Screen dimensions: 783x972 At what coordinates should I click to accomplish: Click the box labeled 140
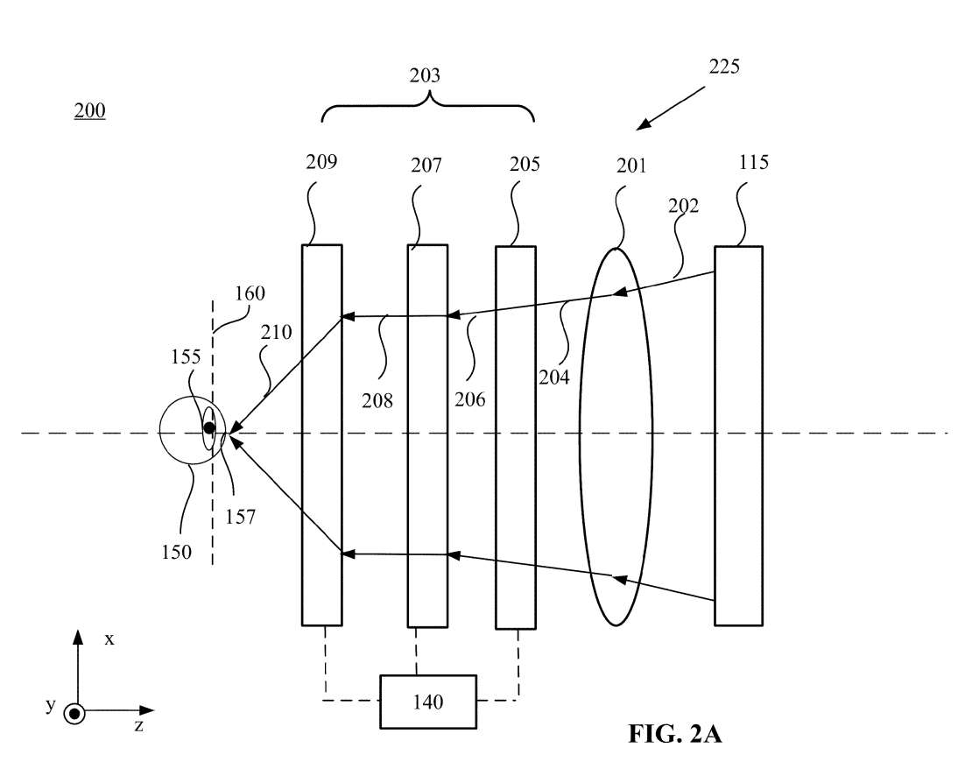(x=427, y=701)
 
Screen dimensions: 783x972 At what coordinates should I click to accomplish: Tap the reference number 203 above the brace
(x=425, y=75)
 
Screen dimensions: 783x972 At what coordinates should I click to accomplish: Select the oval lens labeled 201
(x=616, y=435)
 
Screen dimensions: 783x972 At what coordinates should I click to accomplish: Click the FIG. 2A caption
(x=674, y=734)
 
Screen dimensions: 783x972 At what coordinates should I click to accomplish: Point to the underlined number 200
(x=89, y=111)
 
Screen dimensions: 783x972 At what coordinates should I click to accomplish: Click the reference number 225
(x=723, y=67)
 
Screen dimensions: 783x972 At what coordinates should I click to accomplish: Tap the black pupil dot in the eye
(x=209, y=428)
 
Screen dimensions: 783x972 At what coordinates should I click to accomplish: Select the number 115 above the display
(x=753, y=162)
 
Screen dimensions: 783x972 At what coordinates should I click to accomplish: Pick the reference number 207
(x=426, y=164)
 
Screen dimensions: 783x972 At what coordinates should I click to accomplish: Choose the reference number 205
(x=524, y=164)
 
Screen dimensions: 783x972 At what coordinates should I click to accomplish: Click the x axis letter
(x=109, y=638)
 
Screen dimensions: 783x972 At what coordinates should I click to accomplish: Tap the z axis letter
(x=138, y=725)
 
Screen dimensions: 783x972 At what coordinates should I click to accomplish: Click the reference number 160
(x=250, y=293)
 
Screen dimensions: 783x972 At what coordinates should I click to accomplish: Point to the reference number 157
(x=239, y=517)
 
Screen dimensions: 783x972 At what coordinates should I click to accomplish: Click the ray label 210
(x=276, y=333)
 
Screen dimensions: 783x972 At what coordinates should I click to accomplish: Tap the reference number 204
(x=555, y=377)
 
